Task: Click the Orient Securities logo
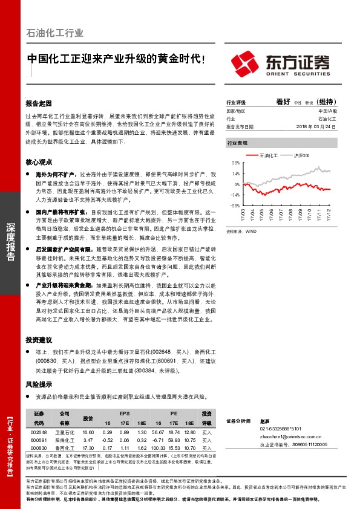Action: pyautogui.click(x=282, y=62)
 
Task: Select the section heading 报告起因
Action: pyautogui.click(x=39, y=103)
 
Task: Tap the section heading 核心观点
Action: pyautogui.click(x=39, y=162)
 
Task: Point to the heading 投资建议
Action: pyautogui.click(x=39, y=340)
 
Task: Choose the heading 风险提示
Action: pyautogui.click(x=39, y=384)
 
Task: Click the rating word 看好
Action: pyautogui.click(x=283, y=102)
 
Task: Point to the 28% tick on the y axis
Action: pyautogui.click(x=235, y=163)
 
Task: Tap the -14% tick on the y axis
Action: pyautogui.click(x=235, y=195)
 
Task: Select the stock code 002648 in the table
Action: pyautogui.click(x=39, y=433)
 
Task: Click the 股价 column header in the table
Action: pyautogui.click(x=88, y=418)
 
